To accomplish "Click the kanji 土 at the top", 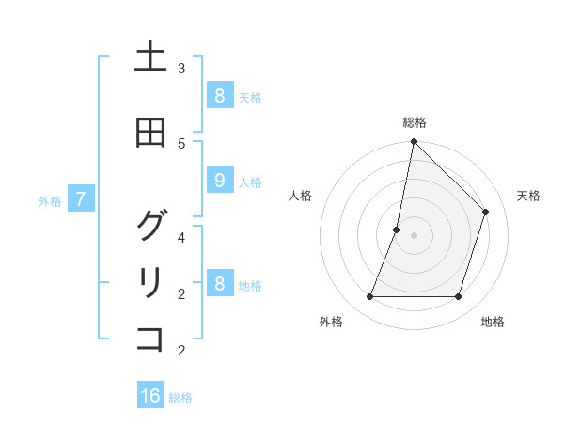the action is click(150, 58).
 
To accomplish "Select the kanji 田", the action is click(150, 134).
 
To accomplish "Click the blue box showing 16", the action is click(150, 396).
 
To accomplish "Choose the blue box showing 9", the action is click(219, 181).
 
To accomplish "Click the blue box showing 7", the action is click(81, 198).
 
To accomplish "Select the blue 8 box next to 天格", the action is click(219, 95).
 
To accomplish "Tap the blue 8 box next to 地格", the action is click(219, 283).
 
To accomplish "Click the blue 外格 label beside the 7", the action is click(50, 200).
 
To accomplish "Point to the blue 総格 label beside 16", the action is click(180, 398).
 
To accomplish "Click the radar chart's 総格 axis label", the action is click(414, 122).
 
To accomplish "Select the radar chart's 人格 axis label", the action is click(300, 196).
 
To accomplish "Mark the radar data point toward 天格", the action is click(486, 212).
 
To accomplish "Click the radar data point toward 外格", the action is click(369, 297).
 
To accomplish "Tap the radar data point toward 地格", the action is click(458, 297).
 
